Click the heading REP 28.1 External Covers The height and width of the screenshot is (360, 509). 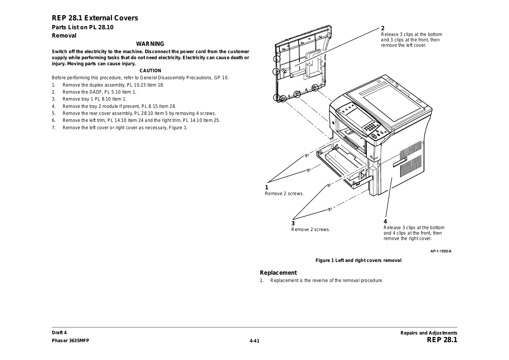95,18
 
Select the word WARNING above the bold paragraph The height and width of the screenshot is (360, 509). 150,44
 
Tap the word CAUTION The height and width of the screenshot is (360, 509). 150,71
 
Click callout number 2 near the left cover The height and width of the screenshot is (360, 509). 383,28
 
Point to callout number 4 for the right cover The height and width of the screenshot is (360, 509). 385,222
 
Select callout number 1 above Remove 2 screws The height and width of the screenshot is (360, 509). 267,187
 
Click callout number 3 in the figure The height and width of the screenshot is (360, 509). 293,223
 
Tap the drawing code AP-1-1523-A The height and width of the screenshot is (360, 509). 441,251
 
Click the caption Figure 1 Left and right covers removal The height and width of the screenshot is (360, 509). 358,260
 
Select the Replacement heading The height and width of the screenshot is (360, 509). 278,273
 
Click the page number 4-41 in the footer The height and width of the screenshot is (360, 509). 254,341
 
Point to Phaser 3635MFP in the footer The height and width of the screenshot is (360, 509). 71,340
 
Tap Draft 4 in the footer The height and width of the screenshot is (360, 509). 59,333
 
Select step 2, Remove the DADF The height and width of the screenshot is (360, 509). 99,92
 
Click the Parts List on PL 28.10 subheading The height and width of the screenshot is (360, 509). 83,27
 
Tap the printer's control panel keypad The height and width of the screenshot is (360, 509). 370,128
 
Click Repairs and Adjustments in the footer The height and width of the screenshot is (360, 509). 429,333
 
